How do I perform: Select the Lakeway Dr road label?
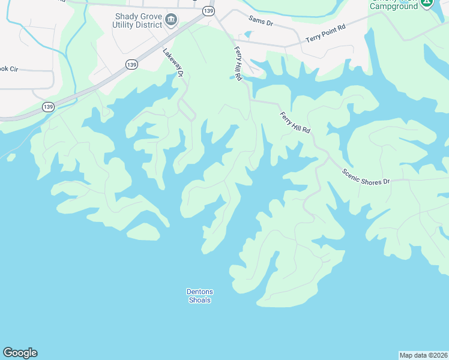172,62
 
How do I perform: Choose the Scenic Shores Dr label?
366,176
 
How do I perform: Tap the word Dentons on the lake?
200,292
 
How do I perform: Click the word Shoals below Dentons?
200,300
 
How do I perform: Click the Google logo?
20,353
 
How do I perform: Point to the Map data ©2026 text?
423,355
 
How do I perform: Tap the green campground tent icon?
426,3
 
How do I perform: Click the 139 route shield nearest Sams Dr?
208,11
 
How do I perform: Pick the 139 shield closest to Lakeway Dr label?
132,64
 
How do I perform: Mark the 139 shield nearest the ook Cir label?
48,106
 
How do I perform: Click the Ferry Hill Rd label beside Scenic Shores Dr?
295,122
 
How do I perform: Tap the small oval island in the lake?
143,231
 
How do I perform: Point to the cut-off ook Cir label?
10,70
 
